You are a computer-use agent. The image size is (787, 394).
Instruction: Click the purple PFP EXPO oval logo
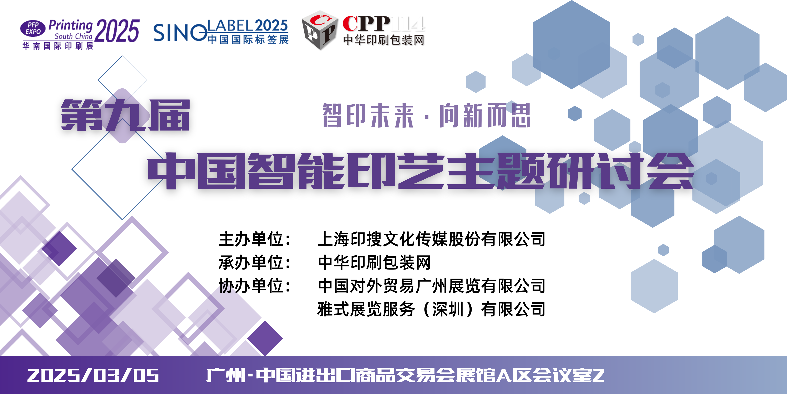tap(33, 28)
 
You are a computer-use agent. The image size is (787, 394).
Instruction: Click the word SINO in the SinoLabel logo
tap(180, 33)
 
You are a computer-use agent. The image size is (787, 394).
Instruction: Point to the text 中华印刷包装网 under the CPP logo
tap(384, 40)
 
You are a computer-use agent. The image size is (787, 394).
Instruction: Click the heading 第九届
tap(125, 115)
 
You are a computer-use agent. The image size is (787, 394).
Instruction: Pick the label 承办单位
tap(251, 262)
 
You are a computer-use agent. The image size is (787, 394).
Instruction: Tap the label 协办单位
tap(251, 286)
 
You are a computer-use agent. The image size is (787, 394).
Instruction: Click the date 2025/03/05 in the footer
tap(93, 375)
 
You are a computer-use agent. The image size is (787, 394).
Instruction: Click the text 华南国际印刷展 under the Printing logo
tap(58, 46)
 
